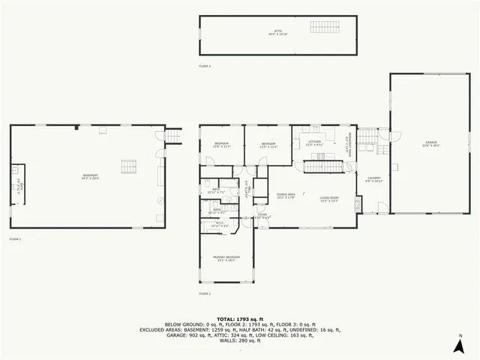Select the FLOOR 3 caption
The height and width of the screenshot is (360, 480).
pyautogui.click(x=205, y=67)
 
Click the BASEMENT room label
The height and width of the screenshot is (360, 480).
pyautogui.click(x=90, y=177)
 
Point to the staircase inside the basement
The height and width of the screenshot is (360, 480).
pyautogui.click(x=130, y=166)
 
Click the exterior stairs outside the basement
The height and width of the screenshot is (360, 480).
pyautogui.click(x=174, y=134)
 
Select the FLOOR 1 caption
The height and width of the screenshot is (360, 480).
pyautogui.click(x=15, y=238)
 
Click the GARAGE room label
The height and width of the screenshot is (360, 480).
pyautogui.click(x=430, y=142)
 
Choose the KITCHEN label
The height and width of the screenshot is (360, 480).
pyautogui.click(x=314, y=142)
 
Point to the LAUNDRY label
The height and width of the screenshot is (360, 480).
pyautogui.click(x=373, y=179)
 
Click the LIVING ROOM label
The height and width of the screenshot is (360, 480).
pyautogui.click(x=330, y=199)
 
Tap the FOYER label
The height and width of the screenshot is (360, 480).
pyautogui.click(x=262, y=216)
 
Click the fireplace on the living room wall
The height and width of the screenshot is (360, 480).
pyautogui.click(x=358, y=203)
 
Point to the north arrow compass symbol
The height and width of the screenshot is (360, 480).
pyautogui.click(x=458, y=344)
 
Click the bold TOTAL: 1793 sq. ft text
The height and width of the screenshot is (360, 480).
pyautogui.click(x=240, y=318)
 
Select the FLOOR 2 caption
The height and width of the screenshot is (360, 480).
pyautogui.click(x=205, y=293)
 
